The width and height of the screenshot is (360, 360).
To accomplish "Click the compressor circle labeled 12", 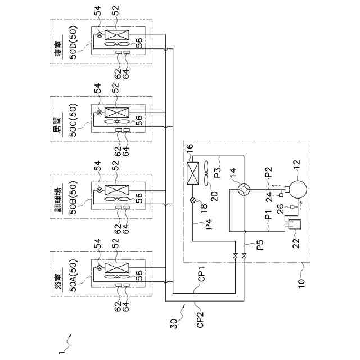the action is (298, 190).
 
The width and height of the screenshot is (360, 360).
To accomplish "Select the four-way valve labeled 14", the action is (244, 190).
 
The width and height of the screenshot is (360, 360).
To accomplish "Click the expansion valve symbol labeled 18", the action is (193, 200).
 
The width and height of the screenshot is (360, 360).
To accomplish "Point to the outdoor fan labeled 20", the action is (206, 174).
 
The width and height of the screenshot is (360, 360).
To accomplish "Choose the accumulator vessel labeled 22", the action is (294, 224).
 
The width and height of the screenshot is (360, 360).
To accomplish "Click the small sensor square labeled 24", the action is (281, 195).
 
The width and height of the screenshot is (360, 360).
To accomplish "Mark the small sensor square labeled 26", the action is (292, 207).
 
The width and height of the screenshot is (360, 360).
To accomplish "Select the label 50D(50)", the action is (73, 43).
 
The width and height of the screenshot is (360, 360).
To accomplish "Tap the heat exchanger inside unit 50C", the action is (117, 112).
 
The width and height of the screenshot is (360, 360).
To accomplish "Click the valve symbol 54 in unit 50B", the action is (100, 190).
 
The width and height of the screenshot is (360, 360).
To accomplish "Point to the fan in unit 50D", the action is (117, 44).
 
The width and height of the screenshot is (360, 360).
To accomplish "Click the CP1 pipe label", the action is (202, 274).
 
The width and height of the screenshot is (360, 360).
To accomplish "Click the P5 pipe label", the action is (260, 245).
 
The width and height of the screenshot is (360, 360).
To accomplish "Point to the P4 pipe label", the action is (209, 224).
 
